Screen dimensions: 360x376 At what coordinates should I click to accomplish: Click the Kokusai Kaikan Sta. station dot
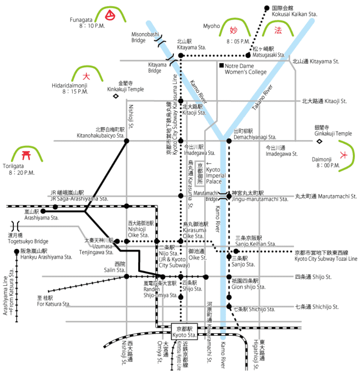tap(267, 8)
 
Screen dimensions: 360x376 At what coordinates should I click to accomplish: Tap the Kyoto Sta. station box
tap(184, 332)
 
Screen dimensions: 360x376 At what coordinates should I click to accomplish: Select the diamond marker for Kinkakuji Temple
tap(116, 96)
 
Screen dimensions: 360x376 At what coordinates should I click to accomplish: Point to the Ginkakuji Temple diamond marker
tap(319, 141)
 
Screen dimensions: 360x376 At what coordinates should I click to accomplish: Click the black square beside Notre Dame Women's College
tap(221, 65)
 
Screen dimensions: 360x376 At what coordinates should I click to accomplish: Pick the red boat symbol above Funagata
tap(110, 15)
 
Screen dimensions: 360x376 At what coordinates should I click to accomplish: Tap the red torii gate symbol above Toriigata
tap(26, 155)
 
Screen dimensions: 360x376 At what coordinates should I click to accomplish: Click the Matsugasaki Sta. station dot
tap(248, 55)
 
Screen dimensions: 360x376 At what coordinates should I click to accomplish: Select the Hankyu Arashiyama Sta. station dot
tap(16, 251)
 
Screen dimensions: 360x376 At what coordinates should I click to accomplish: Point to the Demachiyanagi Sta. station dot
tap(229, 141)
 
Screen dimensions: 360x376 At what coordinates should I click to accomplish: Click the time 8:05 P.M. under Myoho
tap(238, 42)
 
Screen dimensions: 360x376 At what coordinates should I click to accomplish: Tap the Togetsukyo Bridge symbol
tap(15, 226)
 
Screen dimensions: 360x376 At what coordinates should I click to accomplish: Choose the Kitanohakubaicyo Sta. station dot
tap(127, 141)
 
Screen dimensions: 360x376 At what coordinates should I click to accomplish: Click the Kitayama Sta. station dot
tap(181, 55)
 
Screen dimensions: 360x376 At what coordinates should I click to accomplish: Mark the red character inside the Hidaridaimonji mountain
tap(86, 76)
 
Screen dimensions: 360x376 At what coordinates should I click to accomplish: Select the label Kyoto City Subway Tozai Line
tap(326, 259)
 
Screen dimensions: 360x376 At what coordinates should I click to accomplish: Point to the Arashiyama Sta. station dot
tap(43, 211)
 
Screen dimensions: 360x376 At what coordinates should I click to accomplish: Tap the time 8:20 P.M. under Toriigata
tap(22, 173)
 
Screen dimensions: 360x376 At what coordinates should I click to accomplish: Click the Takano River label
tap(262, 98)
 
